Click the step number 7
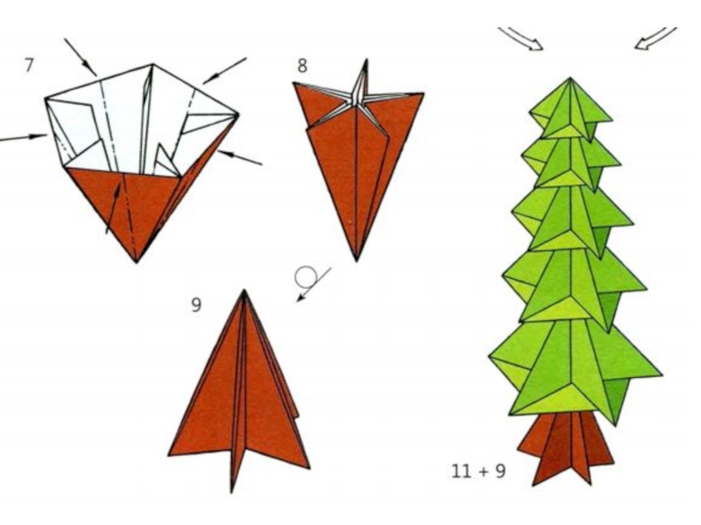tap(29, 65)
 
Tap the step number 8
tap(302, 66)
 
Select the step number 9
tap(196, 304)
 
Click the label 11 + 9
tap(478, 471)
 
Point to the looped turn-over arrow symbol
tap(308, 280)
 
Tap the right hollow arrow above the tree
tap(656, 38)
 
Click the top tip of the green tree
tap(570, 78)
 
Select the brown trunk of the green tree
tap(565, 448)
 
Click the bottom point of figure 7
tap(137, 262)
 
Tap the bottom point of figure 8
tap(357, 261)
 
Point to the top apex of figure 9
tap(244, 290)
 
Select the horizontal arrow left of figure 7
tap(24, 137)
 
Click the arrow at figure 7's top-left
tap(81, 57)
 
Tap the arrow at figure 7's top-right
tap(224, 71)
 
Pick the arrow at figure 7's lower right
tap(240, 157)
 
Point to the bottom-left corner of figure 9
tap(169, 455)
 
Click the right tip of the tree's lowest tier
tap(662, 374)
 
